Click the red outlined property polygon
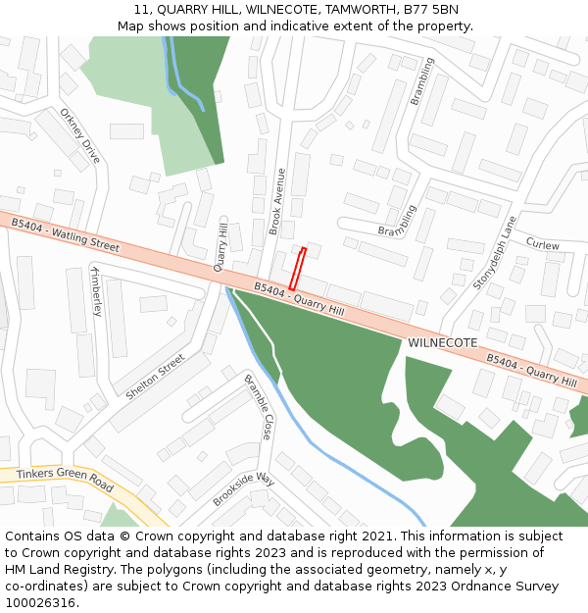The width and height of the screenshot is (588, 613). [297, 269]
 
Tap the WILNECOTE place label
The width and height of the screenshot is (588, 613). [443, 342]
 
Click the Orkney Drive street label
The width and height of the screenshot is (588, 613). [80, 135]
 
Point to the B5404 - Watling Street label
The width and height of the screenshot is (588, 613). [65, 235]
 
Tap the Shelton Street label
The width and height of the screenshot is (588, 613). [155, 377]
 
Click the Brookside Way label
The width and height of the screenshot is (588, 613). [244, 487]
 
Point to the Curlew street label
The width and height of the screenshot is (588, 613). [542, 244]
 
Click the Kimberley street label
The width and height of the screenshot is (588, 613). [96, 290]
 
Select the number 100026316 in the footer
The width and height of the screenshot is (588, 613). [39, 602]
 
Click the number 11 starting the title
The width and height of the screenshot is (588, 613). [142, 10]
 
